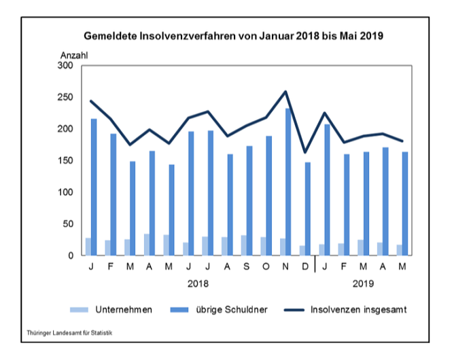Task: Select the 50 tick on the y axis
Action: pyautogui.click(x=68, y=224)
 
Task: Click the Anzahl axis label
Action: pyautogui.click(x=75, y=54)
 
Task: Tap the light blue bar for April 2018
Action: pyautogui.click(x=146, y=245)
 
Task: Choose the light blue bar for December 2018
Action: pyautogui.click(x=302, y=251)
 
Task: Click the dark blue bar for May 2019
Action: pyautogui.click(x=405, y=204)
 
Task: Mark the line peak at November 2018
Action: pyautogui.click(x=285, y=92)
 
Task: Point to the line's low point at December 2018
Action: pyautogui.click(x=304, y=152)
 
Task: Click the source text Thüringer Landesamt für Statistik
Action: pyautogui.click(x=69, y=334)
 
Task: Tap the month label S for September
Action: pyautogui.click(x=246, y=266)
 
